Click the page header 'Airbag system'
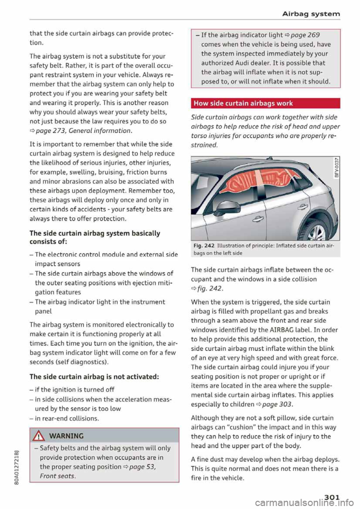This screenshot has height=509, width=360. pos(311,14)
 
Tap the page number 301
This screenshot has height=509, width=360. pos(330,497)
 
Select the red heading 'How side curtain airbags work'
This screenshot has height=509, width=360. pos(243,103)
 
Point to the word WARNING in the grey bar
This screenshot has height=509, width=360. pos(66,436)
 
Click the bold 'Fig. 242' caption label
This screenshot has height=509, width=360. pos(204,246)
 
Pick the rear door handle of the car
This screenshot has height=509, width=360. pos(303,207)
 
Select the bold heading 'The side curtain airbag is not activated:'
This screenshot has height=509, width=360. pos(94,377)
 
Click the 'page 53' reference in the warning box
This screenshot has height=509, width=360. pos(142,467)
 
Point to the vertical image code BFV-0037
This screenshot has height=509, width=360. pos(336,168)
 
